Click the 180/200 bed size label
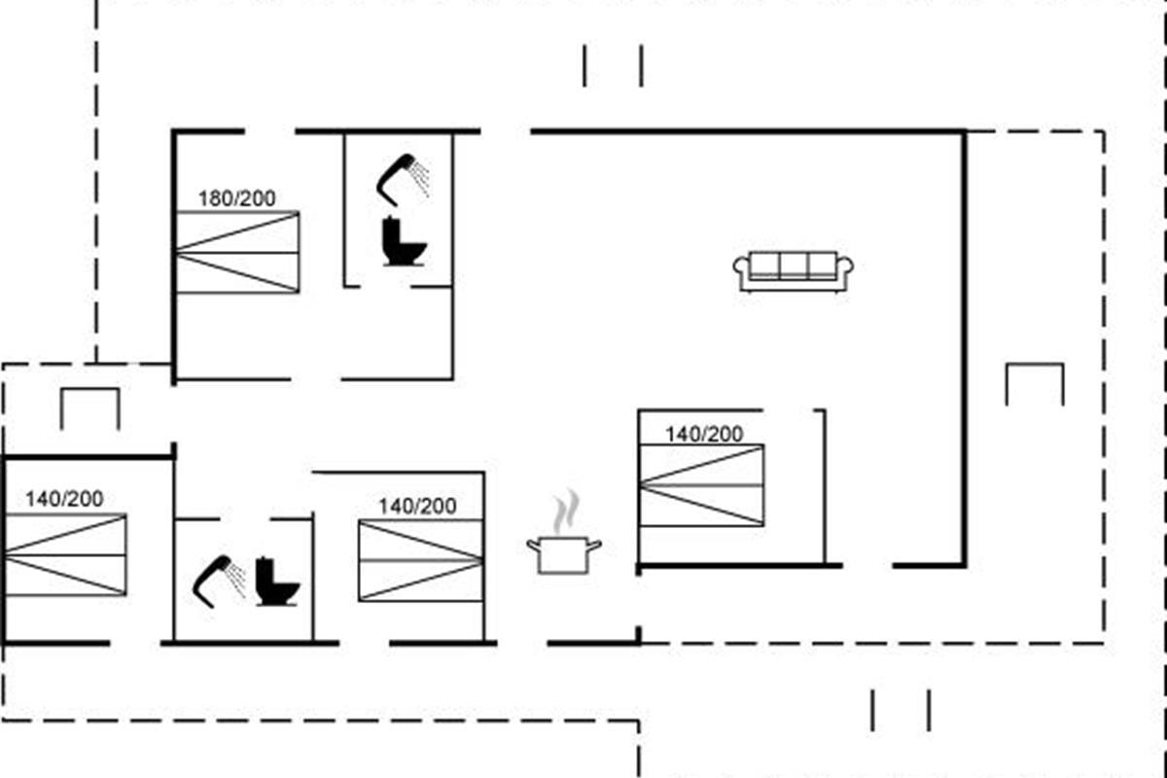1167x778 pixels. point(237,198)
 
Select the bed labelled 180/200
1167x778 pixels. point(237,252)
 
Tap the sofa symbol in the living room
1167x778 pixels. point(793,271)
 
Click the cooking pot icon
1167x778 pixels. point(564,555)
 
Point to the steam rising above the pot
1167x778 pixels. point(565,513)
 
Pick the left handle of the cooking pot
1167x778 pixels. point(533,546)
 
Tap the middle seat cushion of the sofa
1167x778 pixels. point(794,265)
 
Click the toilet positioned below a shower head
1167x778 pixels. point(404,241)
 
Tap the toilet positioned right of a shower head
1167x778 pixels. point(277,583)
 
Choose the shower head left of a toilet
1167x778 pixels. point(219,581)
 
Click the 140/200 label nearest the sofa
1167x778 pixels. point(704,434)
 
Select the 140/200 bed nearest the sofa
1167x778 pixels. point(702,485)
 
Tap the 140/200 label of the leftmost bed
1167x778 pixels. point(64,499)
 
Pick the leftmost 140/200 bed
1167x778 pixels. point(65,555)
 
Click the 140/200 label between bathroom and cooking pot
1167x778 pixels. point(417,507)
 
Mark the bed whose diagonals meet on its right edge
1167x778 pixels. point(421,561)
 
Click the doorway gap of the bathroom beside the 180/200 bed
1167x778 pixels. point(385,287)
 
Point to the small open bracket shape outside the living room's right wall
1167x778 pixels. point(1035,384)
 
